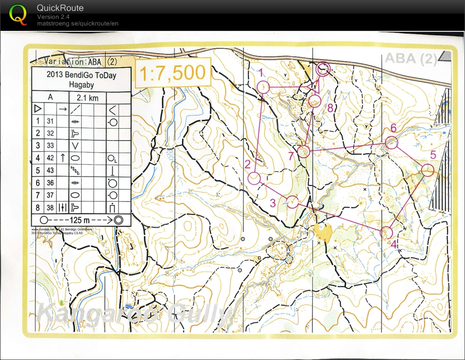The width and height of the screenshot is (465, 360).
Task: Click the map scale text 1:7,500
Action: tap(172, 73)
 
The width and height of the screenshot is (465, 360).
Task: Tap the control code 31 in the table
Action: tap(51, 121)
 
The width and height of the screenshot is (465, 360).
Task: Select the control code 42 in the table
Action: tap(51, 158)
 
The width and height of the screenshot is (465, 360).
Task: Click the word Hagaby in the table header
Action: tap(81, 85)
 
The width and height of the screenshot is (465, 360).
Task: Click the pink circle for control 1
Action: tap(263, 87)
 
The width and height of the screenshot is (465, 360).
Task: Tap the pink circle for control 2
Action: tap(254, 178)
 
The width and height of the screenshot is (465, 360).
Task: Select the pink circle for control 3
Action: tap(293, 202)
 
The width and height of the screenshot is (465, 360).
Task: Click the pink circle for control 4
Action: tap(386, 232)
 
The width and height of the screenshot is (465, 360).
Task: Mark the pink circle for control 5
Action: tap(427, 170)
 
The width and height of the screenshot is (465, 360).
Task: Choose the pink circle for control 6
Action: tap(392, 142)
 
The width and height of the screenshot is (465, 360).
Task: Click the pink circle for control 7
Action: tap(304, 151)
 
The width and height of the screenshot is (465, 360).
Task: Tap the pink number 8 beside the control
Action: tap(330, 108)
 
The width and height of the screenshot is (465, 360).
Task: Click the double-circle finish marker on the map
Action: tap(323, 69)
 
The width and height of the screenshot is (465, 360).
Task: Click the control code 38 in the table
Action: tap(51, 207)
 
